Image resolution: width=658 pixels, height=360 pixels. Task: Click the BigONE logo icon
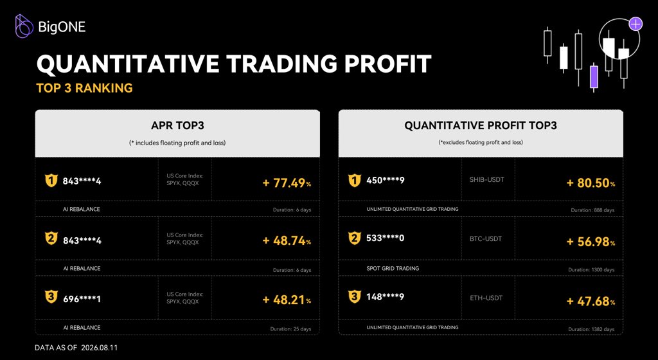(24, 26)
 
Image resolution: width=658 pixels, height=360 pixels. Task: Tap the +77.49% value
(287, 183)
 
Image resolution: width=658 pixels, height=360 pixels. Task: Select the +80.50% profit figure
(591, 183)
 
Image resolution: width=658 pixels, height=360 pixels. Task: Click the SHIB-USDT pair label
(487, 179)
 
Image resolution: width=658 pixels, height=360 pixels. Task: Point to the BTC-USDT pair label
(486, 239)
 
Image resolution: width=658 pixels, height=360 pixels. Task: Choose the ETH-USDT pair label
(486, 298)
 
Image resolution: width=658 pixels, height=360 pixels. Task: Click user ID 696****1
(82, 299)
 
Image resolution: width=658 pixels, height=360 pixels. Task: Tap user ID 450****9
(386, 181)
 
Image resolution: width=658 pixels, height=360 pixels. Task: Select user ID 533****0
(386, 239)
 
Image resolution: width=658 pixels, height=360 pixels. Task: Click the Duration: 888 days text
(592, 210)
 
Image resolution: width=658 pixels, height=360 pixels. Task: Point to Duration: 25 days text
(291, 329)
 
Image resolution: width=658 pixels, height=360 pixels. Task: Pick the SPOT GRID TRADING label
(393, 268)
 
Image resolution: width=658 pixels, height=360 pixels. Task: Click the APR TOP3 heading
(177, 125)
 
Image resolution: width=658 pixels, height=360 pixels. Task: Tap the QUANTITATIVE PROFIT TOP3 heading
(481, 125)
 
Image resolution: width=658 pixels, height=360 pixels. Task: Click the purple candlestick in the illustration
(594, 77)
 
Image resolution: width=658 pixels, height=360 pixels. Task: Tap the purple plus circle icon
(636, 24)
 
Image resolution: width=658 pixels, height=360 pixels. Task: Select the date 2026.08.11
(100, 348)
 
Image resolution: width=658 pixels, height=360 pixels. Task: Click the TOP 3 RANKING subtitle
(84, 87)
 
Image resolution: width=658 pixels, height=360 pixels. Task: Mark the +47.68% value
(591, 301)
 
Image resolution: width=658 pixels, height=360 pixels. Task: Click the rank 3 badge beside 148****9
(355, 296)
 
